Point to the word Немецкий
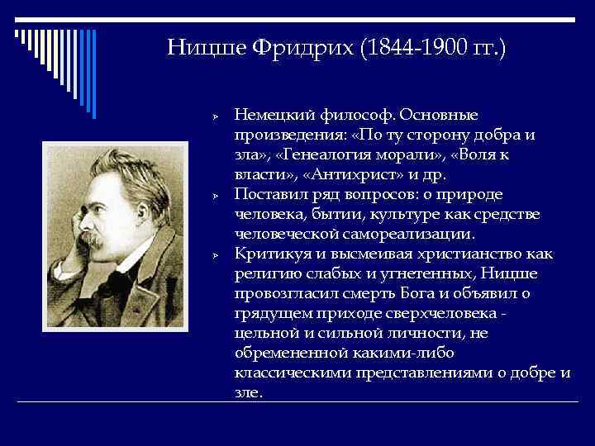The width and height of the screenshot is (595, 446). coord(269,116)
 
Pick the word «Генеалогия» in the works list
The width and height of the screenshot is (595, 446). coord(321,155)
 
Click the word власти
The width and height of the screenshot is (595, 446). coord(257,174)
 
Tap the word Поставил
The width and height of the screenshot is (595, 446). coord(268,195)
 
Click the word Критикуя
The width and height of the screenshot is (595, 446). coord(269,254)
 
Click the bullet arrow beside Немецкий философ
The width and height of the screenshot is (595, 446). coord(213,117)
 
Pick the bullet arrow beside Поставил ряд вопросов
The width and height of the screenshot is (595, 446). coord(213,197)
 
